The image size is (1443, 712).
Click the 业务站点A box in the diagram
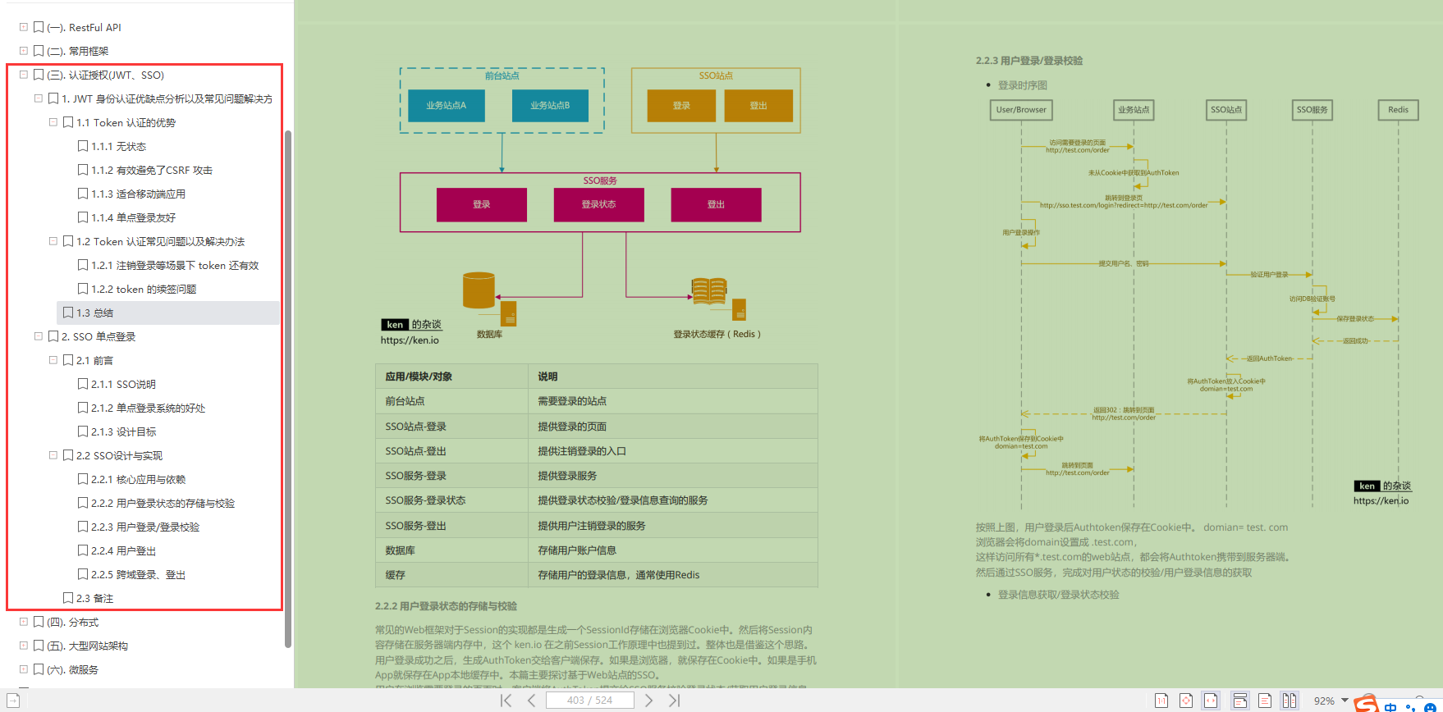[446, 106]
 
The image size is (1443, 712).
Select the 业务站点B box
[550, 106]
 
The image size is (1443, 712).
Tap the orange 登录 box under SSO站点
[681, 106]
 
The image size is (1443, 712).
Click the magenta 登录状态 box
[598, 204]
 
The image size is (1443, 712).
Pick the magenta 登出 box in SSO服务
[716, 204]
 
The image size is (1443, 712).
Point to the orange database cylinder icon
[479, 290]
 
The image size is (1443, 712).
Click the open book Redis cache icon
[709, 290]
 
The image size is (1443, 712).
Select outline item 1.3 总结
[94, 313]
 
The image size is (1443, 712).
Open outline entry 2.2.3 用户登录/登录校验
[145, 527]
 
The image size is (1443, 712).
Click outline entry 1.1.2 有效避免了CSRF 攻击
[152, 170]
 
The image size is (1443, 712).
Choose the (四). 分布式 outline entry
[73, 622]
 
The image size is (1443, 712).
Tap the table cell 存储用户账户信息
[577, 550]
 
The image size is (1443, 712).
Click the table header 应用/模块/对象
[419, 377]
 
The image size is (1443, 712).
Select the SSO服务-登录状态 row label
[425, 500]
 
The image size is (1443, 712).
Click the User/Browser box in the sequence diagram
[1021, 110]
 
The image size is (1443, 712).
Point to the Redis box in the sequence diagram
[1398, 110]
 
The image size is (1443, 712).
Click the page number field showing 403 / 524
[590, 700]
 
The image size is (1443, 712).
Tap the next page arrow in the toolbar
[648, 700]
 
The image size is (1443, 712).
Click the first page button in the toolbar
[506, 700]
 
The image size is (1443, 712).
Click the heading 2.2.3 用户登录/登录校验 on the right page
[1029, 61]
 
